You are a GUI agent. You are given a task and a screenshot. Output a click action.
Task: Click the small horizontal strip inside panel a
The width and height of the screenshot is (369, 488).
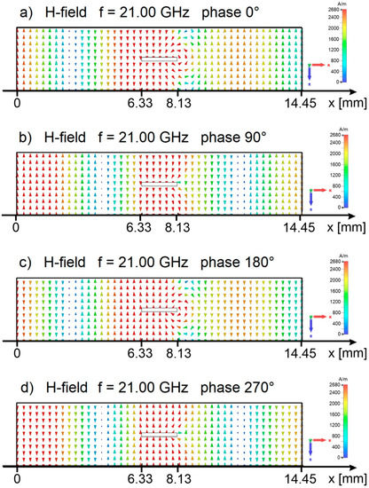tap(159, 59)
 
